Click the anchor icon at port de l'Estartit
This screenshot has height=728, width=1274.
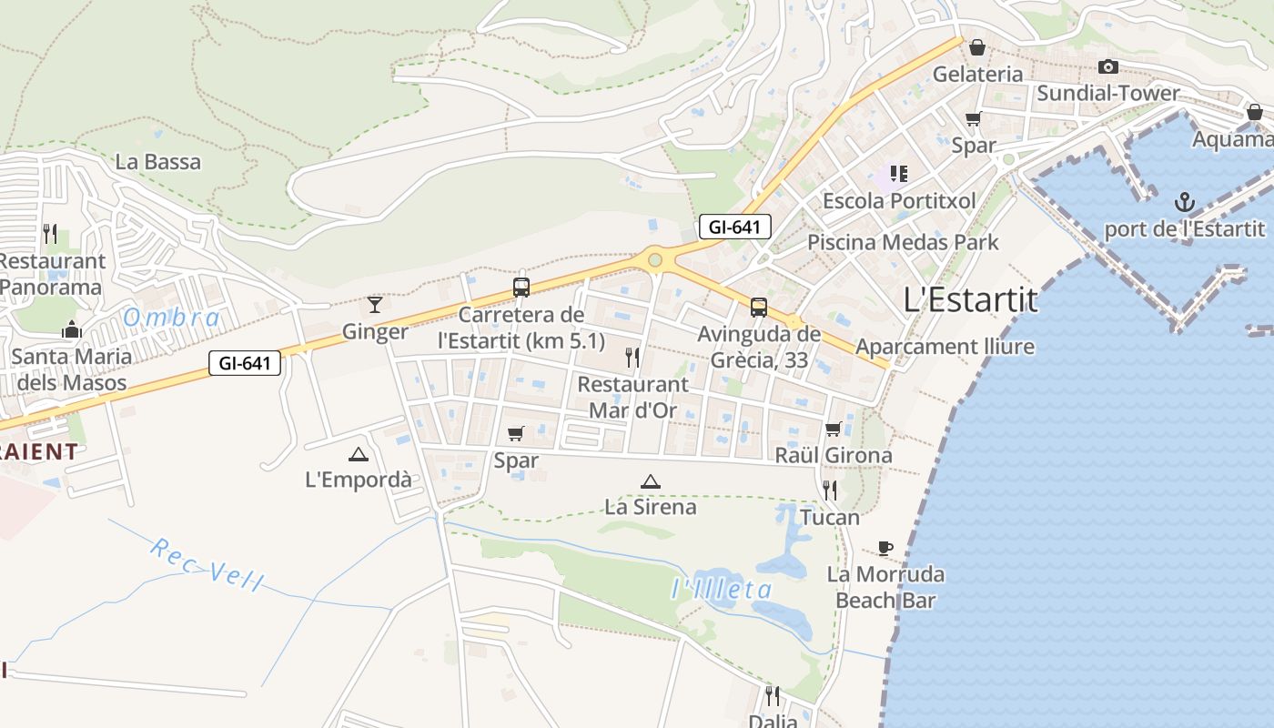(x=1185, y=201)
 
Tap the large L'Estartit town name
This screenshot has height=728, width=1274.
(x=970, y=299)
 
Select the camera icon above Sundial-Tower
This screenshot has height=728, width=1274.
(x=1107, y=66)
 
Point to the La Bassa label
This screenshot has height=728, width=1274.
(x=158, y=162)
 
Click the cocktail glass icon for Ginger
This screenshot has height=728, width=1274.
(x=374, y=305)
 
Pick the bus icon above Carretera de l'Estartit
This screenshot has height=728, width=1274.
(x=521, y=288)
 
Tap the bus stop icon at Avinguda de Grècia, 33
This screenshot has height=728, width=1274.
(x=759, y=308)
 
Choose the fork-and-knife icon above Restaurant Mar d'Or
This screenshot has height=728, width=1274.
(x=632, y=357)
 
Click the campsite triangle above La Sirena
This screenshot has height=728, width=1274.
(x=650, y=481)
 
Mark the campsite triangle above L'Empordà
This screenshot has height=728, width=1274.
(x=358, y=454)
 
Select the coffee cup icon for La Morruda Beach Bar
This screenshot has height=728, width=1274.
(x=885, y=548)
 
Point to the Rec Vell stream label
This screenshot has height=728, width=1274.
(x=207, y=565)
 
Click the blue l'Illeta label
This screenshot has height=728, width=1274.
(x=722, y=589)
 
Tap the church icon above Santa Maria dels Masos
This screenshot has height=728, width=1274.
(x=72, y=329)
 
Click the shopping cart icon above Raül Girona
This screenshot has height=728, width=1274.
(x=833, y=430)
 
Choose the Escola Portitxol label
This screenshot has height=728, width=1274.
(x=899, y=200)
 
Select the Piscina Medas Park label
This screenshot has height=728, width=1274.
(x=903, y=242)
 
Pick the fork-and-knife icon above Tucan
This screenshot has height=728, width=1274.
(x=829, y=490)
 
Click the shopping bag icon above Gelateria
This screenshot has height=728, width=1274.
(x=977, y=47)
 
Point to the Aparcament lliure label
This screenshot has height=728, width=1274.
(x=945, y=347)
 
